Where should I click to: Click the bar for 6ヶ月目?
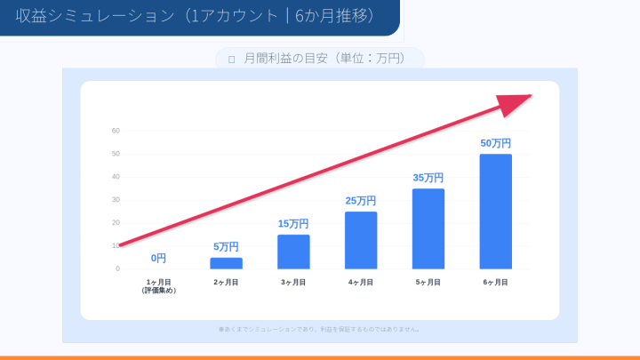coord(495,212)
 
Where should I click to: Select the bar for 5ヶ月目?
coord(428,228)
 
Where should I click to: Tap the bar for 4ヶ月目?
coord(361,240)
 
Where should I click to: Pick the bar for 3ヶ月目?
coord(293,252)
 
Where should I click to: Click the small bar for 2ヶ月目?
coord(226,263)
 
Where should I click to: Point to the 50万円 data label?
coord(495,143)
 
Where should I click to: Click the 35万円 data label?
coord(428,178)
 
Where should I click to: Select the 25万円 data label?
coord(361,201)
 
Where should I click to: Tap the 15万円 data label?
coord(293,224)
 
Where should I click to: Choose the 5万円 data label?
coord(226,247)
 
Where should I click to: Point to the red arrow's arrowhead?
coord(516,103)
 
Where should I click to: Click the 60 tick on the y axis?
coord(116,131)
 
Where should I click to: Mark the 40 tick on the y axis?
coord(116,177)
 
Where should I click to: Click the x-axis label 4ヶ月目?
coord(361,282)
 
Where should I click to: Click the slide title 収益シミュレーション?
coord(195,16)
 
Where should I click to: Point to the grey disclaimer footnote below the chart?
coord(320,329)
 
